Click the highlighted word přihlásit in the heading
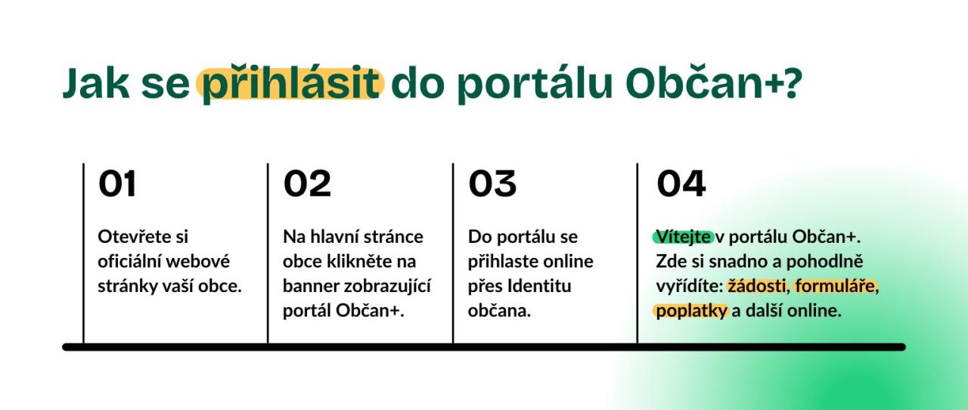(x=290, y=84)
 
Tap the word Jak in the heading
(x=96, y=83)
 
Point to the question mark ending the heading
(x=791, y=82)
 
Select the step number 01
(x=117, y=183)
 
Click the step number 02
(x=307, y=183)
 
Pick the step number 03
(x=492, y=183)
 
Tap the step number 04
(x=681, y=183)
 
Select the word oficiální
(x=129, y=261)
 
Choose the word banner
(x=310, y=286)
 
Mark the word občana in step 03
(x=499, y=311)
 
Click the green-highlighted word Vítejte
(x=683, y=237)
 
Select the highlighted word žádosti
(x=757, y=286)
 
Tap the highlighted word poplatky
(x=691, y=311)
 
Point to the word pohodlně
(x=824, y=262)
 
